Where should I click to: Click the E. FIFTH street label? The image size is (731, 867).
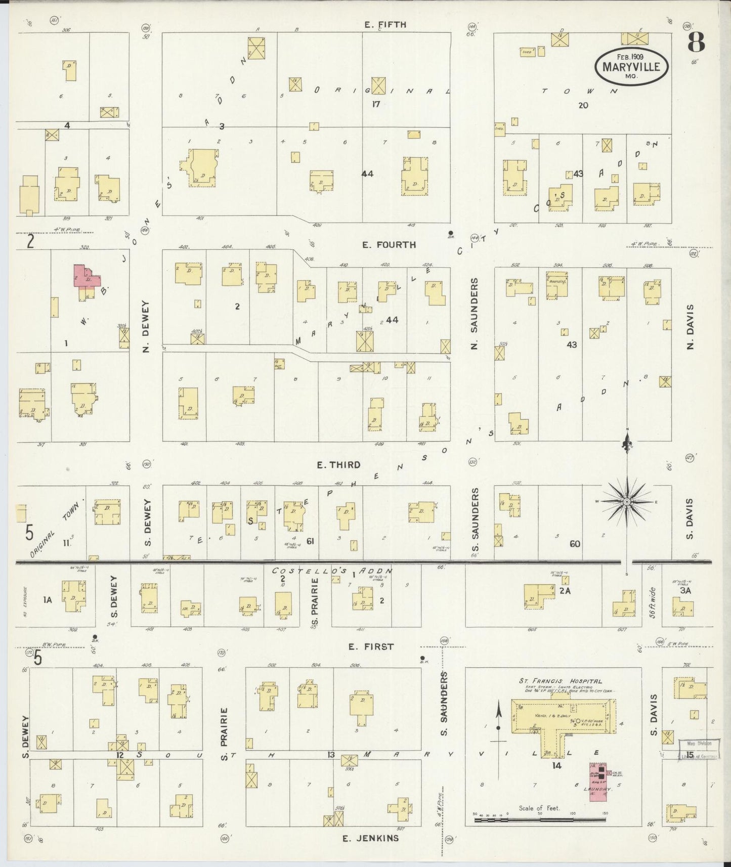[x=385, y=24]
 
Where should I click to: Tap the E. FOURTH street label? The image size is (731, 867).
[x=389, y=245]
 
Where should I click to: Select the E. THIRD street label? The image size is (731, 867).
[x=338, y=465]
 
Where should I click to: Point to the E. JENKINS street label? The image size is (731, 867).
[x=370, y=838]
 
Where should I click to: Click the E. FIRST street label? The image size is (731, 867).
[x=371, y=646]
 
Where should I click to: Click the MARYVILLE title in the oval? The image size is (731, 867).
[x=631, y=67]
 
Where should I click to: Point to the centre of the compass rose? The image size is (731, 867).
[x=627, y=501]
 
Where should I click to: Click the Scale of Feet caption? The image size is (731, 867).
[x=539, y=808]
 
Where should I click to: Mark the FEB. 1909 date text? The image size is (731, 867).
[x=630, y=57]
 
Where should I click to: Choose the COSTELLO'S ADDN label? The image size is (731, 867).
[x=332, y=571]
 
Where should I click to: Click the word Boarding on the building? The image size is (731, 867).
[x=557, y=281]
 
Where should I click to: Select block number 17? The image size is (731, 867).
[x=375, y=104]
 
